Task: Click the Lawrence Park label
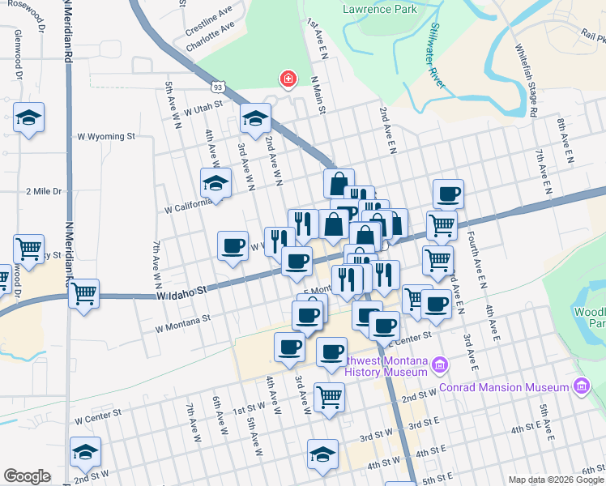tap(379, 10)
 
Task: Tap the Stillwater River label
tap(433, 66)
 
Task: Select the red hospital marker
tap(287, 79)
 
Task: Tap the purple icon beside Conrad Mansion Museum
tap(580, 386)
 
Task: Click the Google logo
tap(27, 476)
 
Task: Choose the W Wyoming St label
tap(105, 137)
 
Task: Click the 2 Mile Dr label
tap(44, 191)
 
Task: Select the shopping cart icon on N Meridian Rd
tap(83, 294)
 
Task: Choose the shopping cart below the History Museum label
tap(330, 397)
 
